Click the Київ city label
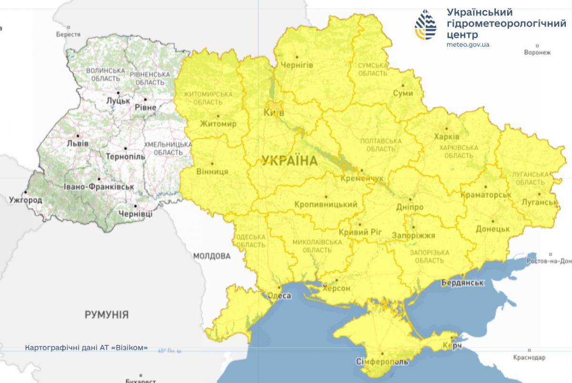click(x=274, y=113)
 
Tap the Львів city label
click(x=77, y=143)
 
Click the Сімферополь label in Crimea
click(x=382, y=362)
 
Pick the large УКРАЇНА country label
click(x=289, y=161)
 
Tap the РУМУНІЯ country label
click(x=106, y=314)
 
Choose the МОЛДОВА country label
click(x=212, y=256)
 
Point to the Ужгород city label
click(x=25, y=200)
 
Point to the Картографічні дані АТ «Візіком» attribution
click(x=86, y=347)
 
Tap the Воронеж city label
click(x=537, y=52)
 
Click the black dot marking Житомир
click(x=218, y=116)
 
